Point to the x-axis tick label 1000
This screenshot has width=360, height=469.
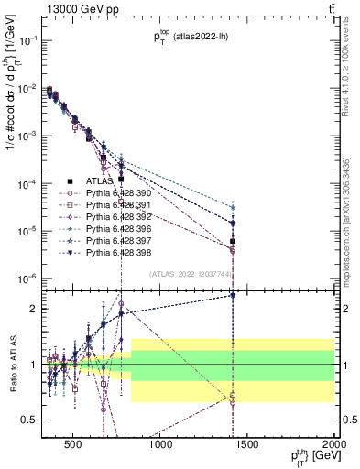160,446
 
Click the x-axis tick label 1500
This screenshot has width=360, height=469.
247,446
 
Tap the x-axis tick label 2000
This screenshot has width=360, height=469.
333,446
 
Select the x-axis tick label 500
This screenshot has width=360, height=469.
75,446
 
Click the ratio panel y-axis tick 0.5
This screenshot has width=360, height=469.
31,420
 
